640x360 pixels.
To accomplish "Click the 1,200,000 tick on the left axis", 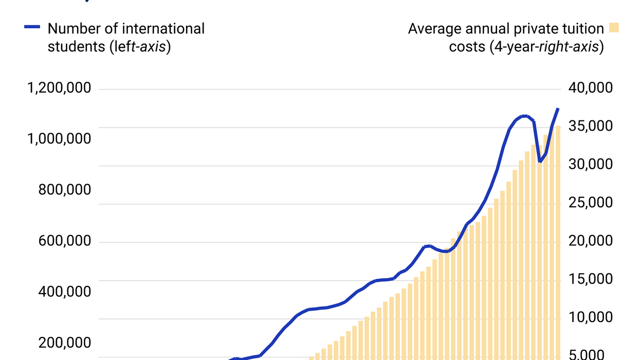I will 59,88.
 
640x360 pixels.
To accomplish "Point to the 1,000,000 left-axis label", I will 59,139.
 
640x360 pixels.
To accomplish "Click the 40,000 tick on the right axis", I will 591,88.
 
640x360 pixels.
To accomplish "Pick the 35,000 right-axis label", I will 591,127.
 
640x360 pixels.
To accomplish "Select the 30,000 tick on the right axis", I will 591,165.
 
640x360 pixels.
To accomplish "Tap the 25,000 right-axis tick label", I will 591,203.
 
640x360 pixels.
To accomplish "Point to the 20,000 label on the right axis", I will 591,241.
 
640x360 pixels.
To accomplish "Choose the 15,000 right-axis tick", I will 591,279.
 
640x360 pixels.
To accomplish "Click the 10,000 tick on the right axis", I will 591,317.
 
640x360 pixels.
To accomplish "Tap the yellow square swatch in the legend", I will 614,28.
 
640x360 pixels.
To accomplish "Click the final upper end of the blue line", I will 558,109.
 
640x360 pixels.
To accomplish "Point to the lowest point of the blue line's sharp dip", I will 540,161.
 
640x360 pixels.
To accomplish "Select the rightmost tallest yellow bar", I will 558,242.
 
